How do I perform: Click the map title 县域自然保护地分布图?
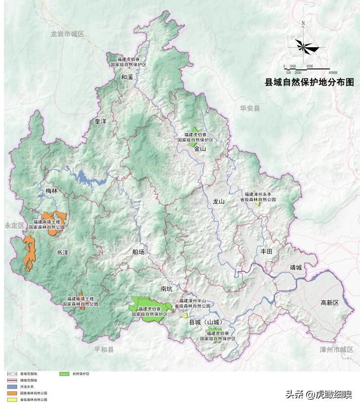pyautogui.click(x=309, y=82)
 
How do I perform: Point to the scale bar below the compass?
pyautogui.click(x=307, y=69)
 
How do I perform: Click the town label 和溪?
pyautogui.click(x=127, y=77)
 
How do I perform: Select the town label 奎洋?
pyautogui.click(x=100, y=121)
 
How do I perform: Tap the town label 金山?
pyautogui.click(x=200, y=149)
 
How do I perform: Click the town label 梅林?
pyautogui.click(x=52, y=191)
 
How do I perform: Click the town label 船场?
pyautogui.click(x=138, y=252)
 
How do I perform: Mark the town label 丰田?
pyautogui.click(x=266, y=251)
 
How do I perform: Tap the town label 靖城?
pyautogui.click(x=296, y=267)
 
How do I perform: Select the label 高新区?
pyautogui.click(x=329, y=303)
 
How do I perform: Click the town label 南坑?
pyautogui.click(x=167, y=289)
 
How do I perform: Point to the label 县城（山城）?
pyautogui.click(x=205, y=322)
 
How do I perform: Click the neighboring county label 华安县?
pyautogui.click(x=250, y=108)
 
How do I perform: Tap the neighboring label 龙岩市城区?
pyautogui.click(x=67, y=34)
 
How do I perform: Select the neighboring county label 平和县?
pyautogui.click(x=103, y=350)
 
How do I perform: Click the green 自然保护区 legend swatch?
pyautogui.click(x=64, y=374)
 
